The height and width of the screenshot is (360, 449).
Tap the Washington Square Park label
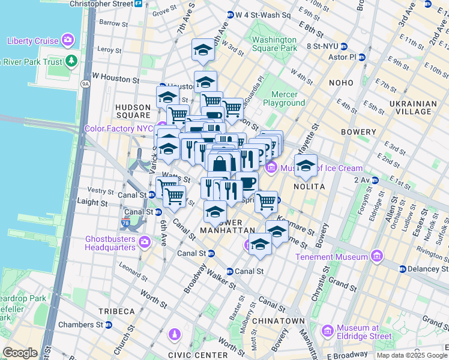point(274,44)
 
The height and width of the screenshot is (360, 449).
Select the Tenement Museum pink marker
point(376,257)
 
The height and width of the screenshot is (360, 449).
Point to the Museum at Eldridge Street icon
point(328,331)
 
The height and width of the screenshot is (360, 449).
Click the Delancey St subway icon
point(402,269)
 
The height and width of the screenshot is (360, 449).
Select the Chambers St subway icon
point(109,325)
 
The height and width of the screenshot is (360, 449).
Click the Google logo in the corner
point(20,353)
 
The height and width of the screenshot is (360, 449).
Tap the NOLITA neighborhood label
point(309,187)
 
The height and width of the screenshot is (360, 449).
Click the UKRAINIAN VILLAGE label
point(414,107)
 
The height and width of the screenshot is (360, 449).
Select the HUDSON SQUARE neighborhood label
point(133,111)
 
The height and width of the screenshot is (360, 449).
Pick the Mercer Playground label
point(288,98)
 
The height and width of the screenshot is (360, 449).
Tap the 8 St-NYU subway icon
point(344,46)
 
